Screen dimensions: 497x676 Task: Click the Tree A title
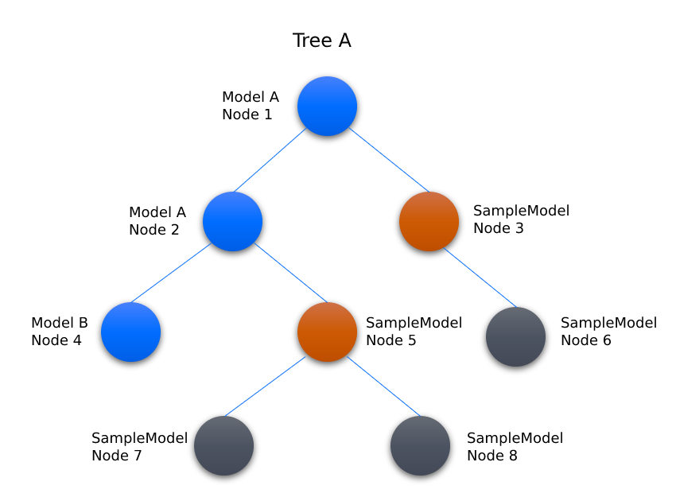tap(321, 41)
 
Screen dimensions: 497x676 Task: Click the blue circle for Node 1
tap(327, 106)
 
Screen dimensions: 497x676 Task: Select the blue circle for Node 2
tap(232, 221)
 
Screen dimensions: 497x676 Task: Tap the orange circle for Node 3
tap(429, 221)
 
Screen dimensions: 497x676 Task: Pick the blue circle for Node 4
tap(130, 332)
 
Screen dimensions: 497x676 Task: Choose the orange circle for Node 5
tap(327, 332)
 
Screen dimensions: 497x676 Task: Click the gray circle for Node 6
tap(515, 336)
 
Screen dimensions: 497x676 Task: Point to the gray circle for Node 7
tap(223, 445)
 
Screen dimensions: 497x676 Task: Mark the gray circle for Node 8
tap(421, 445)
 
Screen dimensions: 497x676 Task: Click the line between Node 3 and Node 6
tap(480, 278)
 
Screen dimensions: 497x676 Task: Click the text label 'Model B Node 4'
tap(60, 332)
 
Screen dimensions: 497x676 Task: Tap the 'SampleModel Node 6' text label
tap(608, 332)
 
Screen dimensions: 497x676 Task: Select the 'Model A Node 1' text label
tap(251, 106)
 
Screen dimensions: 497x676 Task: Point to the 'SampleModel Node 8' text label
tap(515, 446)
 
